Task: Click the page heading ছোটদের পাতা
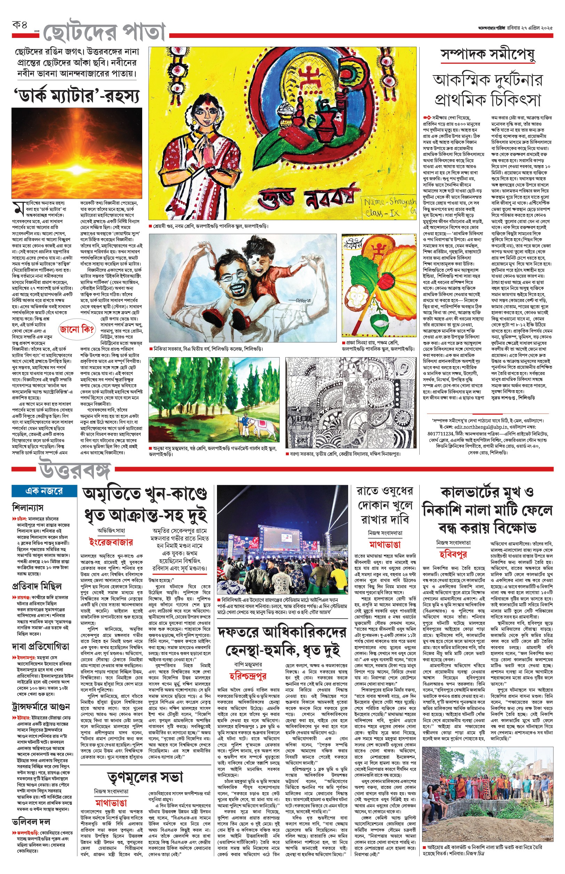[105, 33]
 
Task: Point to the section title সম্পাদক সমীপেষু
[487, 55]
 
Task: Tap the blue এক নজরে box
[44, 491]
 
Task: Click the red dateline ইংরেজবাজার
[111, 542]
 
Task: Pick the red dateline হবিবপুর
[453, 554]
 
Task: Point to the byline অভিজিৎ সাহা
[111, 530]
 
